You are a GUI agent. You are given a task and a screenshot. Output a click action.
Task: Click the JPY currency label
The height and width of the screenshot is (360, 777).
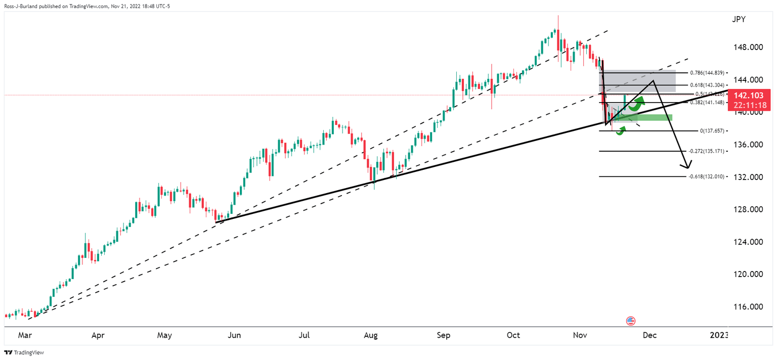(x=739, y=20)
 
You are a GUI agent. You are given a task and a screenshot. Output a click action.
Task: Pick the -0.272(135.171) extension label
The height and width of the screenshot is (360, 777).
(x=707, y=151)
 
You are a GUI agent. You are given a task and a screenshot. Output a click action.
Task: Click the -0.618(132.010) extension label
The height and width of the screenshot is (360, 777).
(x=707, y=176)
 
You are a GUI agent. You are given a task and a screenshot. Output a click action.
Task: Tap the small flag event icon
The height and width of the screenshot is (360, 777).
(x=631, y=321)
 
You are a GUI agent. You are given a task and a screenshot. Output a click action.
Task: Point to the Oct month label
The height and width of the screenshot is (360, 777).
(x=513, y=335)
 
